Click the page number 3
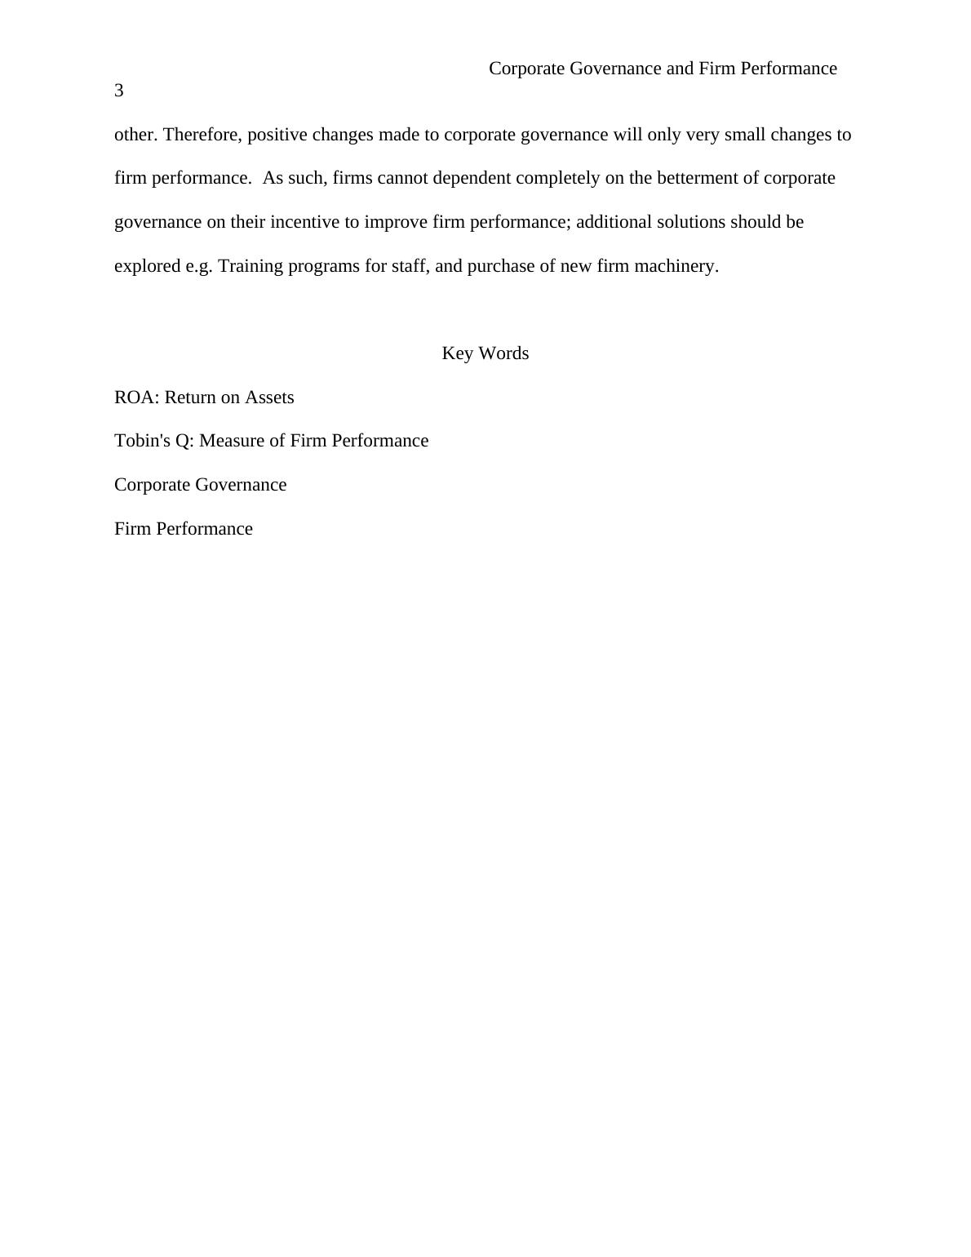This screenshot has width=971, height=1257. [119, 91]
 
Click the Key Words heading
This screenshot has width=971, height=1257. [485, 353]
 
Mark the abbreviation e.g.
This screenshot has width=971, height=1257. [199, 266]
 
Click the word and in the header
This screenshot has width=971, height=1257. [680, 69]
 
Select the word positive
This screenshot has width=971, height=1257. [277, 135]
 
